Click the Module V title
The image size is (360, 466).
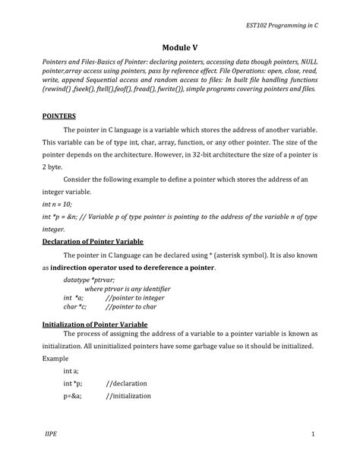(x=179, y=47)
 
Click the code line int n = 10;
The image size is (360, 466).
(x=58, y=204)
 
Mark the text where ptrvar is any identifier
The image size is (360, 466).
(x=127, y=289)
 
